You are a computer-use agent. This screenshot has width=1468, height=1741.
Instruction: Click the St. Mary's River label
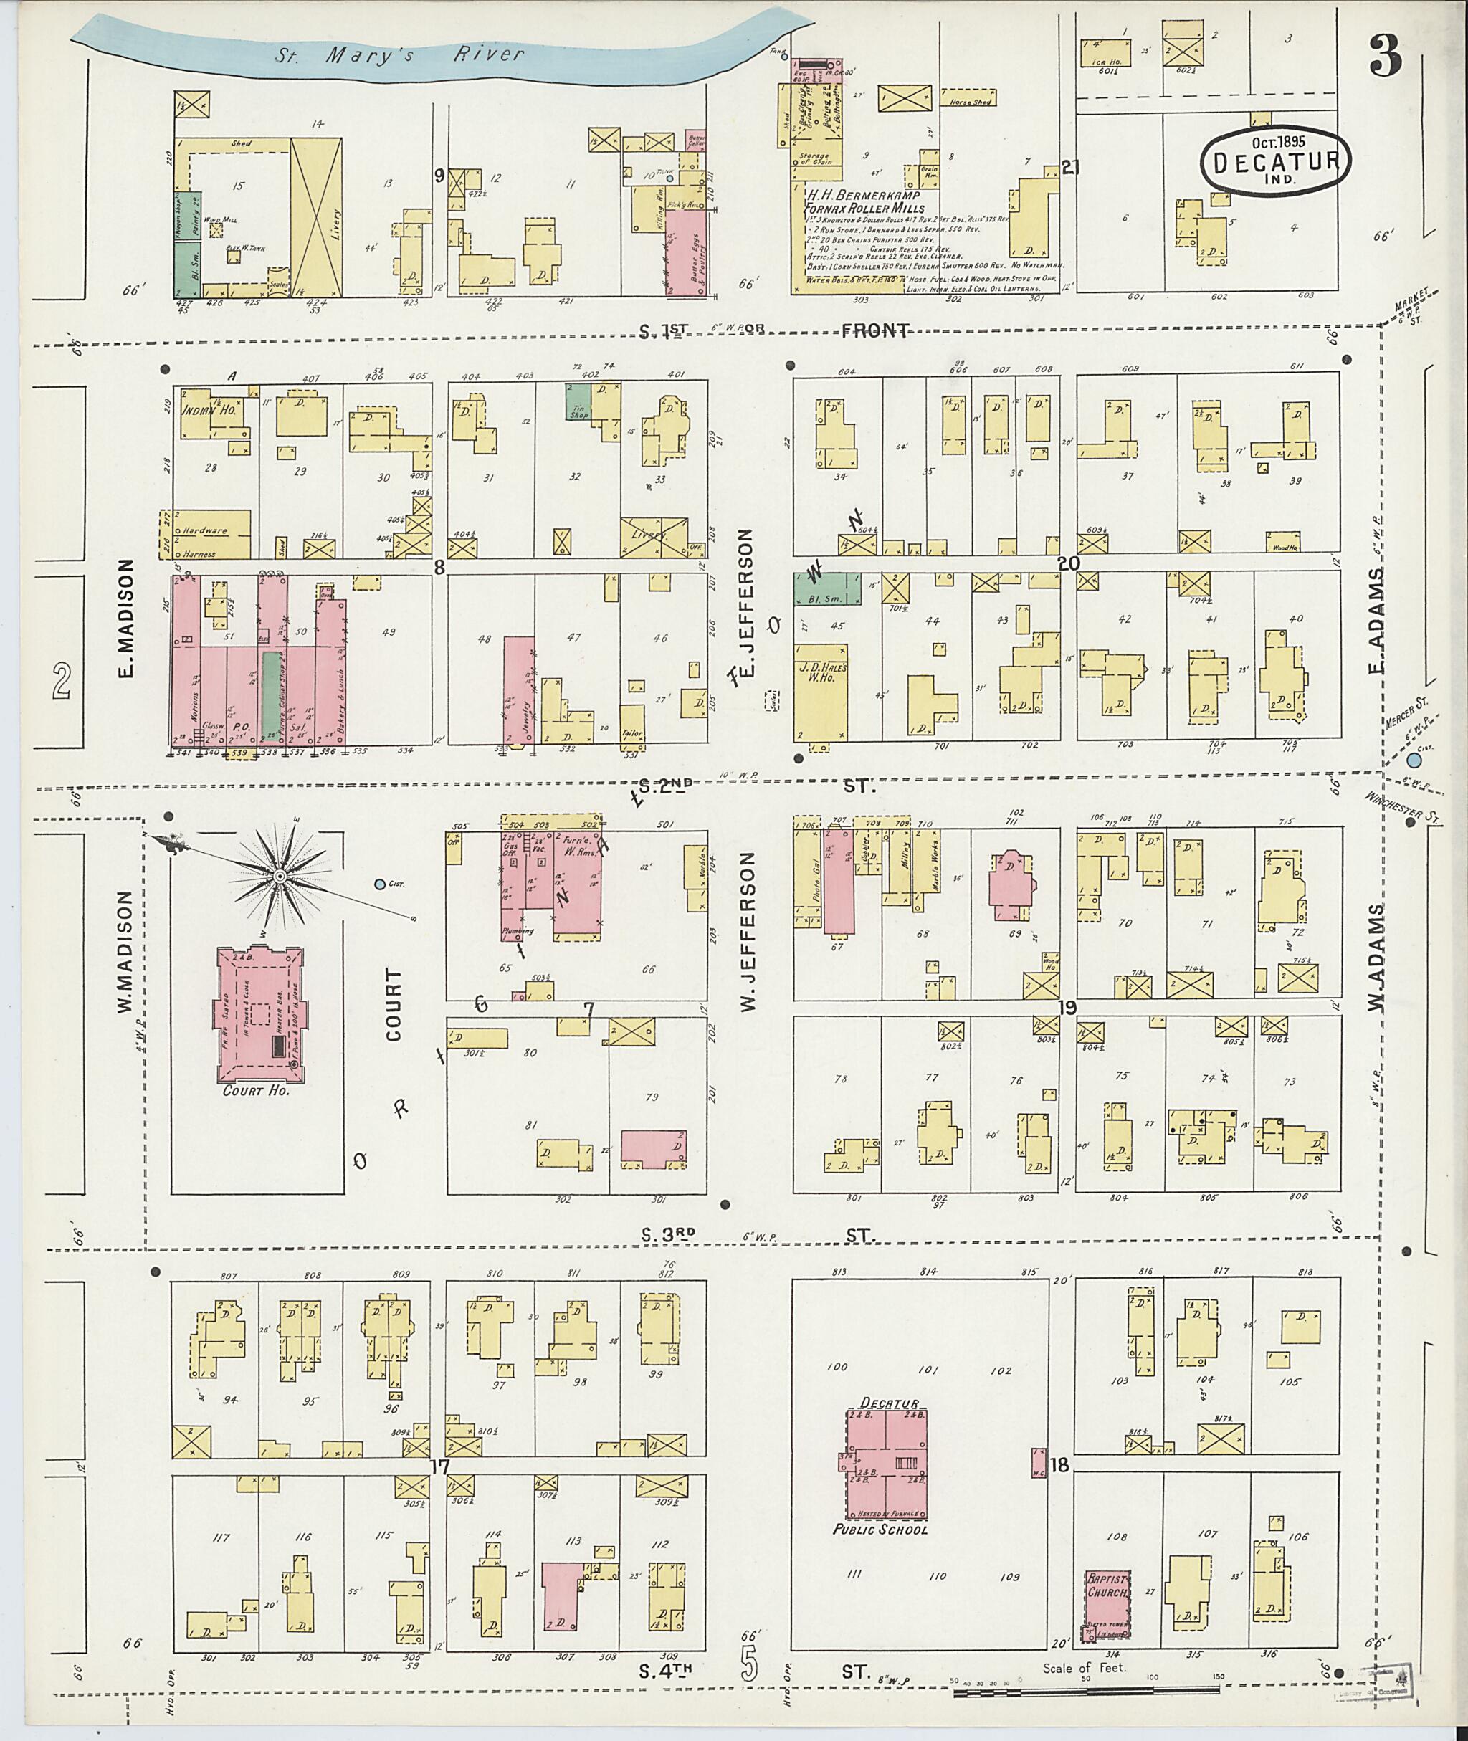[401, 55]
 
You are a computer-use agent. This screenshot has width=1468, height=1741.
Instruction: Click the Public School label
[880, 1529]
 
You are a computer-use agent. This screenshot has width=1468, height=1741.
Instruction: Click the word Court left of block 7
[393, 1003]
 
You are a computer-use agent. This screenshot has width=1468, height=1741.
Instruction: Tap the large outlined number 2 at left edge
[61, 680]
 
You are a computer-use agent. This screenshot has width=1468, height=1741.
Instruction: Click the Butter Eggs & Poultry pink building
[687, 252]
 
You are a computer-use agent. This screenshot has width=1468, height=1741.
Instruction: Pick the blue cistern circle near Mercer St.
[1413, 760]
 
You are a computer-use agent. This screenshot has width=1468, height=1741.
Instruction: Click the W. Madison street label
[125, 952]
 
